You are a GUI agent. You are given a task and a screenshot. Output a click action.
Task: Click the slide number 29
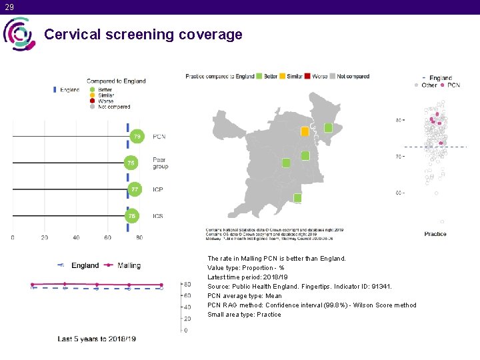coord(9,7)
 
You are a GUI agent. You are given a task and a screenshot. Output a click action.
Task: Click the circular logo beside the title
coord(19,34)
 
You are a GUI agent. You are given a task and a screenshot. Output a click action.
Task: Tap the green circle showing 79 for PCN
coord(137,137)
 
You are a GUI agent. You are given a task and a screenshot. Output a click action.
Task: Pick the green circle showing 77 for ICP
coord(135,190)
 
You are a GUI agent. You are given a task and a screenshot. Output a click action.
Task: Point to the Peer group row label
coord(160,163)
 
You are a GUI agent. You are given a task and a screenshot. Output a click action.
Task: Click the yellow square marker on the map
coord(305,131)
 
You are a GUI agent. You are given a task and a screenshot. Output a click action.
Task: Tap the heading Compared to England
coord(116,81)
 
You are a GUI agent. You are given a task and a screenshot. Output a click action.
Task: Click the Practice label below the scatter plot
coord(435,234)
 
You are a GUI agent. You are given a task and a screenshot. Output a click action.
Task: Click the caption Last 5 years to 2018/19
coord(97,339)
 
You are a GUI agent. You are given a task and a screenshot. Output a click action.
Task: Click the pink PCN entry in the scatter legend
coord(453,85)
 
